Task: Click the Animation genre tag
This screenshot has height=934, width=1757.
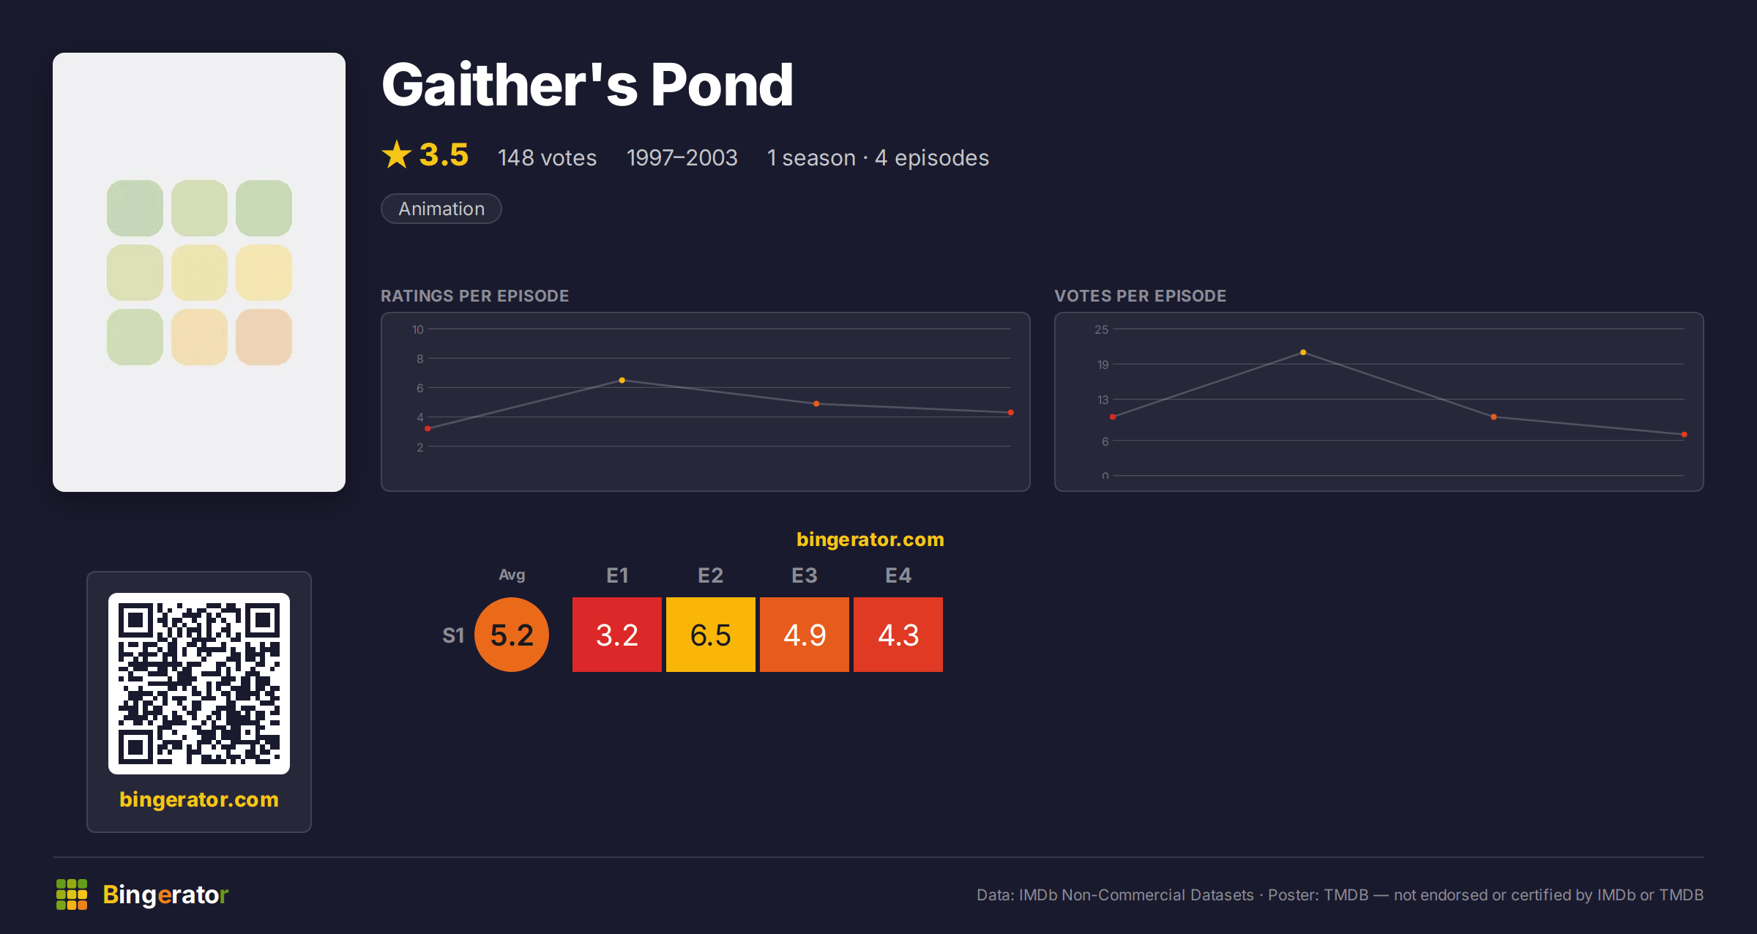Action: click(x=441, y=209)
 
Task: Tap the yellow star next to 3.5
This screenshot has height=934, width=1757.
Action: click(x=397, y=154)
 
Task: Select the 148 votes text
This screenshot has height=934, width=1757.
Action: click(x=547, y=157)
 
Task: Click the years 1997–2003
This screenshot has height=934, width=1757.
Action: click(x=682, y=157)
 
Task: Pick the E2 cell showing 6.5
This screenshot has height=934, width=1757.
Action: click(x=710, y=635)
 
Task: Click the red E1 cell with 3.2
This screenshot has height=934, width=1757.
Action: click(x=616, y=635)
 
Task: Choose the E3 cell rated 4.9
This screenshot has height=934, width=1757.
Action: click(x=804, y=635)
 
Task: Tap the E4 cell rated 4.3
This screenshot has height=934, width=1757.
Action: click(x=898, y=635)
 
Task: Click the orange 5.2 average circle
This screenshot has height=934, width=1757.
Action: click(x=512, y=635)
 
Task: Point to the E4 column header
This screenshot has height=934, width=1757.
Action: click(x=898, y=575)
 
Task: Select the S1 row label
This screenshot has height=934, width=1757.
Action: click(x=453, y=635)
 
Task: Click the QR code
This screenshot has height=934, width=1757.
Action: click(x=199, y=684)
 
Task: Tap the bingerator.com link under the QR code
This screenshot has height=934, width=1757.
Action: click(x=199, y=799)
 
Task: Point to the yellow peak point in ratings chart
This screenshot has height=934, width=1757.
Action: click(x=622, y=381)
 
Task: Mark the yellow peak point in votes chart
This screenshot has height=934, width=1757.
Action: click(x=1303, y=353)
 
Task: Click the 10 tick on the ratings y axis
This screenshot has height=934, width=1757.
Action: click(x=417, y=329)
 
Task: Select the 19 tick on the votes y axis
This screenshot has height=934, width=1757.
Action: click(x=1103, y=365)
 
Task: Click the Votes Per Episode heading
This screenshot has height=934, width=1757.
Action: click(x=1140, y=296)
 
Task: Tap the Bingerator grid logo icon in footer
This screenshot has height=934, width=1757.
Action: click(x=72, y=894)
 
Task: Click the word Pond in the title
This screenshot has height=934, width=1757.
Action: click(x=722, y=85)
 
